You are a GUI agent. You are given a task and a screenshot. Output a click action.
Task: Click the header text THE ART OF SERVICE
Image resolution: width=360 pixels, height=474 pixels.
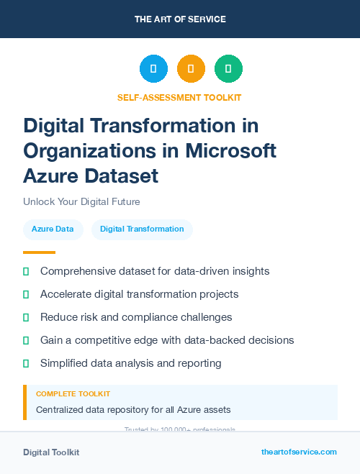click(x=180, y=19)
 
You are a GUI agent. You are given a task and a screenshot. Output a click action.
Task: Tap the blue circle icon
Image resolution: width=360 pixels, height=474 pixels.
click(x=153, y=69)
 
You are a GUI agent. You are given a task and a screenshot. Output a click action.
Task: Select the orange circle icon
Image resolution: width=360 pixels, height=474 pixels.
click(x=191, y=69)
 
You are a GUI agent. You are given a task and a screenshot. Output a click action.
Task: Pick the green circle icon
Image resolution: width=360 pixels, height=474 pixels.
click(x=228, y=69)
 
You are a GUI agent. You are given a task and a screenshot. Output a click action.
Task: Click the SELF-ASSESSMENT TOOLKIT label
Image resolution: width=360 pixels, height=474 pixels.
click(x=179, y=97)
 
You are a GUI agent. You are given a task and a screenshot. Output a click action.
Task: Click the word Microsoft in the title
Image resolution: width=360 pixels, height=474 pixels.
click(x=230, y=150)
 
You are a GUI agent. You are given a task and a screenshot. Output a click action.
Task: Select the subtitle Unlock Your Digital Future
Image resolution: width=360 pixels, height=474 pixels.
click(x=81, y=201)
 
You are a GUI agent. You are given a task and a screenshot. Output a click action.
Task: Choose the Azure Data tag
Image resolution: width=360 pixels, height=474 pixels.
click(x=53, y=229)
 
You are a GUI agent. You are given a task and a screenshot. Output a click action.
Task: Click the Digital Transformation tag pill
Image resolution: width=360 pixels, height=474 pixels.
click(x=142, y=229)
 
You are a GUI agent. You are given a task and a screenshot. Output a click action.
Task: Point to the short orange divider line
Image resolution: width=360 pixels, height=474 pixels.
click(x=39, y=252)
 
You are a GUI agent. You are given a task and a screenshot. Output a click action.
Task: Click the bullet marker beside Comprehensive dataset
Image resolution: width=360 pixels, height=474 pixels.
click(x=26, y=272)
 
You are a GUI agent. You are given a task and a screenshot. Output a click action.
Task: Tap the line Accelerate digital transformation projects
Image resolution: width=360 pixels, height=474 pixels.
click(x=139, y=294)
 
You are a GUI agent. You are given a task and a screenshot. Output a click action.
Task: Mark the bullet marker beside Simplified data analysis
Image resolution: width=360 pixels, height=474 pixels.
click(x=26, y=363)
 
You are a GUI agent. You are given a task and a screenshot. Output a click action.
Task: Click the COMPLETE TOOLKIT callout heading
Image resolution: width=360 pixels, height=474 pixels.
click(x=73, y=394)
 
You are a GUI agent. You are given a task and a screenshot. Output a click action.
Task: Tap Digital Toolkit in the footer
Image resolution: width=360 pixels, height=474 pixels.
click(x=51, y=452)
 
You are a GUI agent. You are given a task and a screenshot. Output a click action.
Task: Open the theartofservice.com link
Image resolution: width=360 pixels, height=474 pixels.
click(x=299, y=452)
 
